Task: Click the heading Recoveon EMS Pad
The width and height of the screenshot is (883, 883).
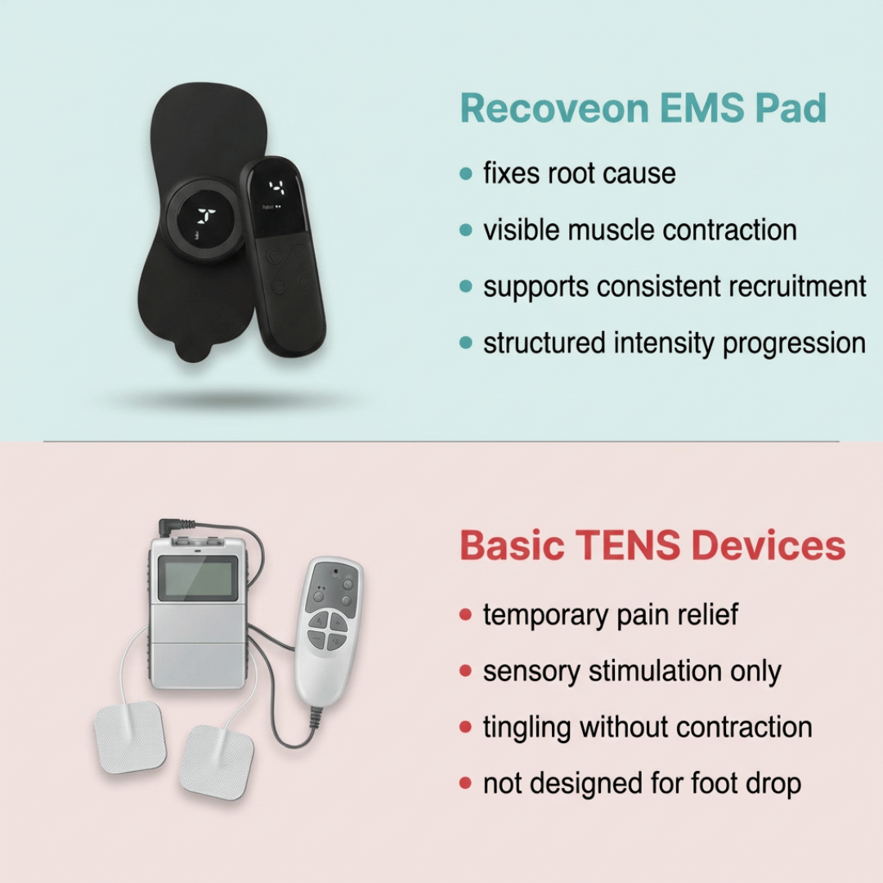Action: [643, 110]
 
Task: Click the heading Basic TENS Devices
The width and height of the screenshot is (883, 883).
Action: [652, 545]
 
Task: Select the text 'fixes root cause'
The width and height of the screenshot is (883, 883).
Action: [579, 173]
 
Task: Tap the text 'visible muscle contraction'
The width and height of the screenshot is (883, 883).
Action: [639, 230]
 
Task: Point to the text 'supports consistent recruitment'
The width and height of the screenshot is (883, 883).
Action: [675, 287]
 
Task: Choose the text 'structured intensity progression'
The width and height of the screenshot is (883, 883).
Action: [674, 343]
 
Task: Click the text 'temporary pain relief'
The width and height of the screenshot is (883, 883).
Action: [611, 615]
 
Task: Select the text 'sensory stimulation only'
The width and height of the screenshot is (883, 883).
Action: [632, 671]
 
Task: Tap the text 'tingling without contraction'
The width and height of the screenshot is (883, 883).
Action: [648, 727]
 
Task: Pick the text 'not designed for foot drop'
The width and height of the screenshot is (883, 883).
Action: [642, 783]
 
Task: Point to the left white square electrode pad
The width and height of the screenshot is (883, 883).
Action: [130, 736]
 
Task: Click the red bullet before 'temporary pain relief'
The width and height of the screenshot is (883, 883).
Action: [466, 616]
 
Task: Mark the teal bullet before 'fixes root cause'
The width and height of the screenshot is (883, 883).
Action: [466, 174]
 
